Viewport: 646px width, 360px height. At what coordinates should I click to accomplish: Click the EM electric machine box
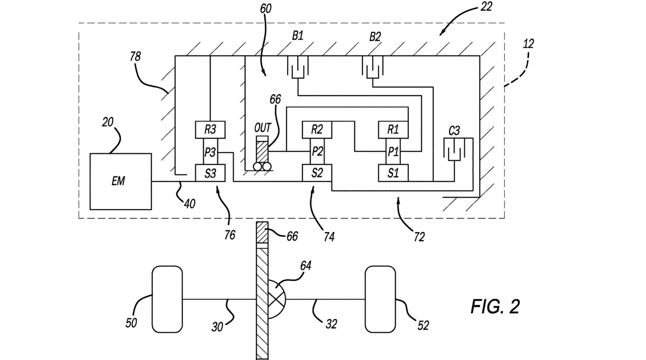[x=121, y=182]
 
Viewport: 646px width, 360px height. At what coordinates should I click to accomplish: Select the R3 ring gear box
[x=210, y=130]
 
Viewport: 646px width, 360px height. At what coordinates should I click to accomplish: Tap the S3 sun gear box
[x=210, y=173]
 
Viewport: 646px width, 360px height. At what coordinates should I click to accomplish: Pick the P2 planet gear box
[x=317, y=151]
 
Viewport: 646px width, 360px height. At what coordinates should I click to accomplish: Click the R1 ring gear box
[x=393, y=130]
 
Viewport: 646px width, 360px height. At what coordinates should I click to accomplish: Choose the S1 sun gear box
[x=393, y=173]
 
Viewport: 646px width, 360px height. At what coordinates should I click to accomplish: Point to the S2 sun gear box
[x=317, y=173]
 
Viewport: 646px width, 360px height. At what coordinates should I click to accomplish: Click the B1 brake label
[x=298, y=36]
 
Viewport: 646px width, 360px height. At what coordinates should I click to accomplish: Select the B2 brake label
[x=375, y=37]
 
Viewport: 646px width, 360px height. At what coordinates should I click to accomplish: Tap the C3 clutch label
[x=454, y=131]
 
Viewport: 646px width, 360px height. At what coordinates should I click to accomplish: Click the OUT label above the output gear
[x=262, y=127]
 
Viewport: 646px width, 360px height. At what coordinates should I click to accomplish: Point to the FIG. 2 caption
[x=495, y=306]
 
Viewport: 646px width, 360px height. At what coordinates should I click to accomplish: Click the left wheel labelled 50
[x=167, y=299]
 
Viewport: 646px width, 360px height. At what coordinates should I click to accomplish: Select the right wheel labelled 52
[x=380, y=299]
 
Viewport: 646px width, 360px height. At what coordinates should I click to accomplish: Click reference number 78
[x=135, y=56]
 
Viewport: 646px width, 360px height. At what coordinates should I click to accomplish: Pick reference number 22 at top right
[x=486, y=6]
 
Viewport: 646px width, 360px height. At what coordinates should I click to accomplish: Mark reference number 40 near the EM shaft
[x=190, y=203]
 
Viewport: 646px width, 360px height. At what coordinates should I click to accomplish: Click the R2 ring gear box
[x=317, y=130]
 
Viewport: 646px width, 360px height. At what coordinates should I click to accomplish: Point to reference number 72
[x=419, y=236]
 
